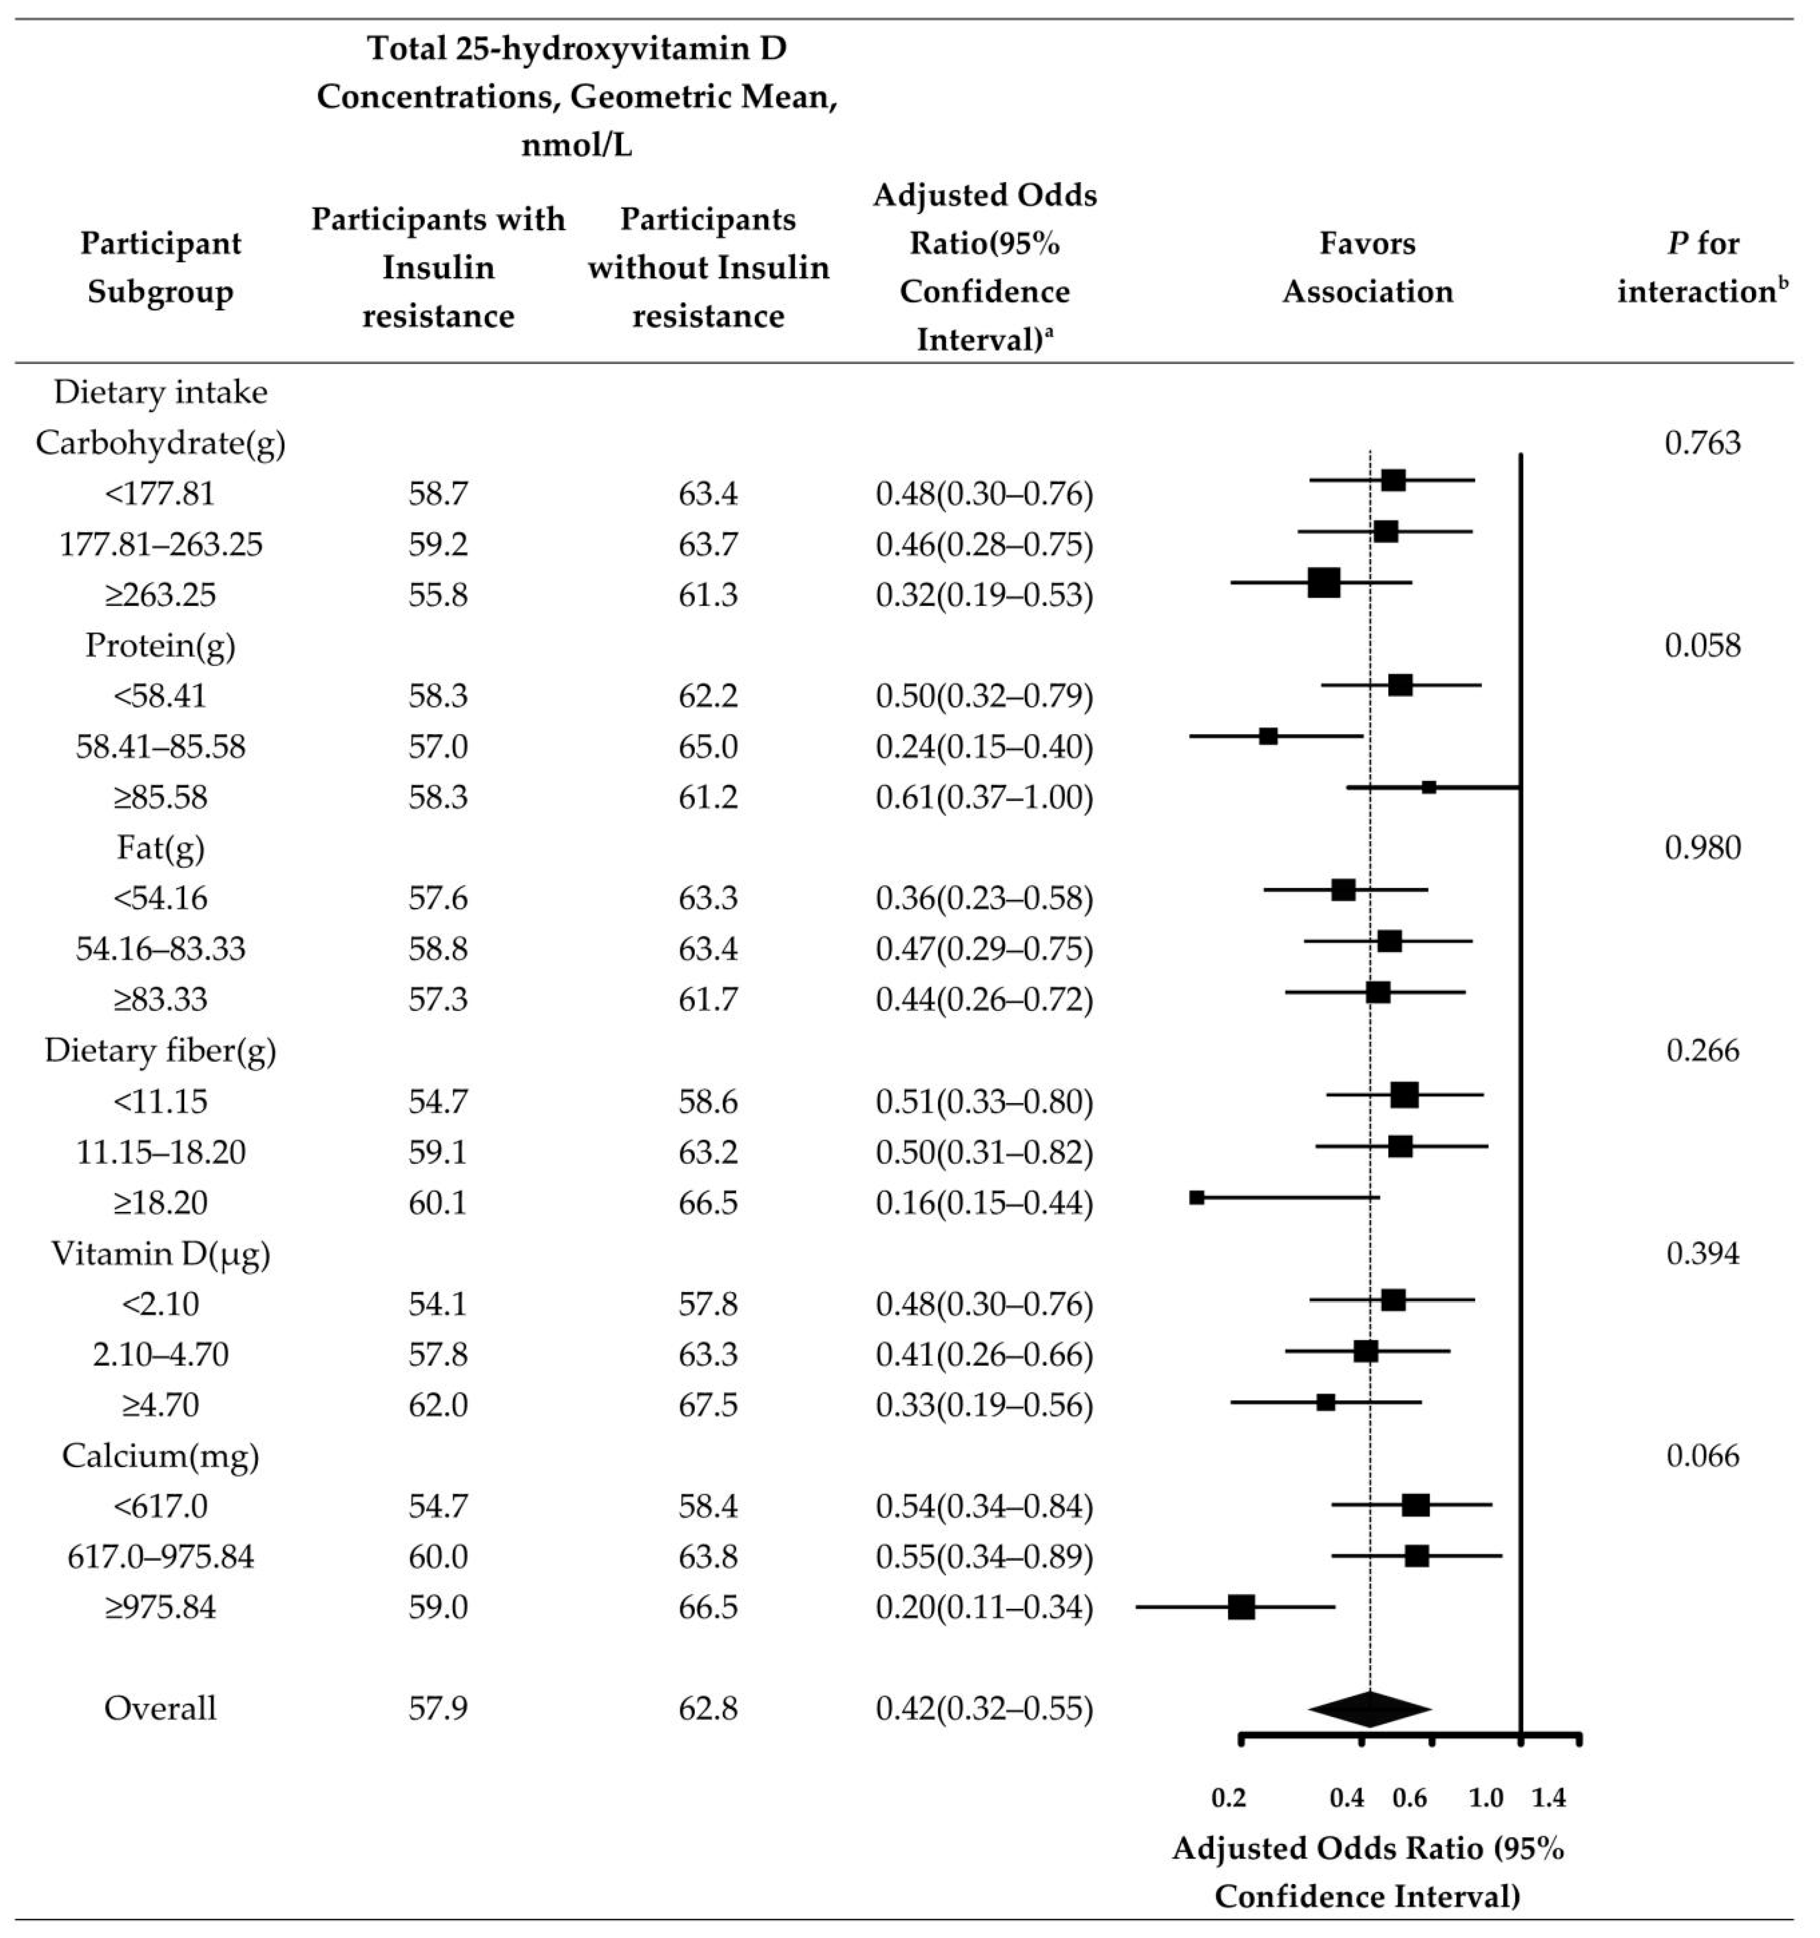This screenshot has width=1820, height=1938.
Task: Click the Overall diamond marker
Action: pos(1370,1709)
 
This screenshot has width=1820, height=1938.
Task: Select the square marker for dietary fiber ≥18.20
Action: pos(1197,1197)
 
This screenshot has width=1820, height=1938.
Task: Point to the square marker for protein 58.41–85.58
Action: pos(1268,736)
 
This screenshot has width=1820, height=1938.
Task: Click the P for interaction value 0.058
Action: pos(1702,645)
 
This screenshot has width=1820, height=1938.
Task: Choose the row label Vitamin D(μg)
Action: pos(161,1253)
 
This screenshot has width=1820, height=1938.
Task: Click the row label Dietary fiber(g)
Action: pos(161,1051)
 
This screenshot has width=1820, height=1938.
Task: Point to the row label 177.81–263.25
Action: pos(161,544)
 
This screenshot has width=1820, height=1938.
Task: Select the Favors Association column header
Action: pos(1368,267)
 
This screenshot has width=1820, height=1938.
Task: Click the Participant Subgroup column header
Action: pos(161,267)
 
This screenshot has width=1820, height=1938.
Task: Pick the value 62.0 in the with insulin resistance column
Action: pos(437,1405)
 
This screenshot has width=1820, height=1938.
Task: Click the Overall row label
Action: pos(161,1709)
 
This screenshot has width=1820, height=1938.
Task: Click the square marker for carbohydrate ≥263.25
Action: pos(1324,583)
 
